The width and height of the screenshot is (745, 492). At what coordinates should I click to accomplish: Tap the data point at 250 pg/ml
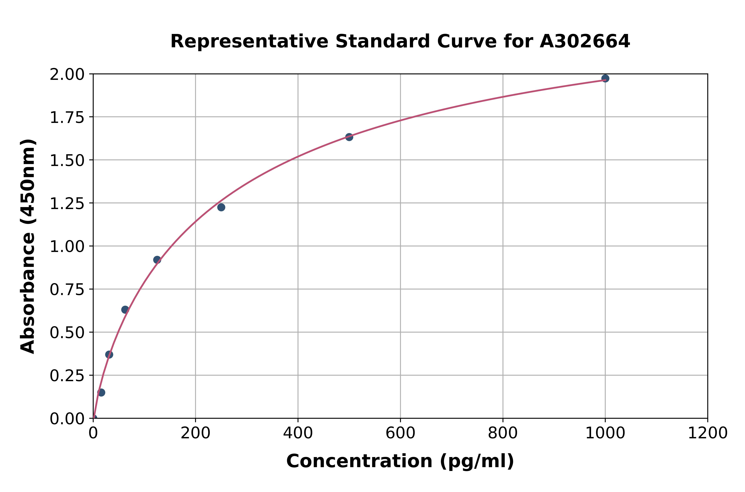tap(221, 207)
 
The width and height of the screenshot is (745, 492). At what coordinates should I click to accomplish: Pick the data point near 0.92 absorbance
tap(157, 260)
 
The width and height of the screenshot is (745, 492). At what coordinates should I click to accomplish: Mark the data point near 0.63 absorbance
tap(125, 310)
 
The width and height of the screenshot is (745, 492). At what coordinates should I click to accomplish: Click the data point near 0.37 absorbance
tap(109, 355)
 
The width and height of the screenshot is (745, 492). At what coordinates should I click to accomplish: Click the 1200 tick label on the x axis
tap(707, 433)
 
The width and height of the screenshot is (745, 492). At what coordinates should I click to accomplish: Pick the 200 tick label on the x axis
tap(195, 433)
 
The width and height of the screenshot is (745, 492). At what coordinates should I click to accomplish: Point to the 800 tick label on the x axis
tap(503, 433)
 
